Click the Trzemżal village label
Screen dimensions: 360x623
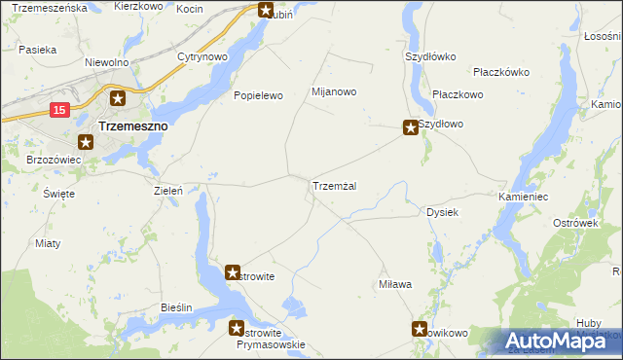click(x=339, y=186)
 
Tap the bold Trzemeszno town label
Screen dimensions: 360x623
click(x=133, y=126)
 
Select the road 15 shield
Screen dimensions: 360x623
click(x=59, y=111)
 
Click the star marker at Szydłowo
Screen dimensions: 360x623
click(x=412, y=127)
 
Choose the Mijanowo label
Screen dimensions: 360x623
click(x=334, y=92)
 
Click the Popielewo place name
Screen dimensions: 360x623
click(x=257, y=96)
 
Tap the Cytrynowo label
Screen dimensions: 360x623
click(x=202, y=57)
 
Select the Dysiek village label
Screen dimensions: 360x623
click(x=443, y=212)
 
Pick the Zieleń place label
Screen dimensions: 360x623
click(x=168, y=192)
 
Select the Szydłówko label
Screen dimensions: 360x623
click(x=430, y=56)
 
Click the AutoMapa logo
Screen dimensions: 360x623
click(x=563, y=341)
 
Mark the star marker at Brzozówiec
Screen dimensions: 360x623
click(x=85, y=143)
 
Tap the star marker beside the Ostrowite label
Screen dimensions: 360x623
click(x=234, y=274)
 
